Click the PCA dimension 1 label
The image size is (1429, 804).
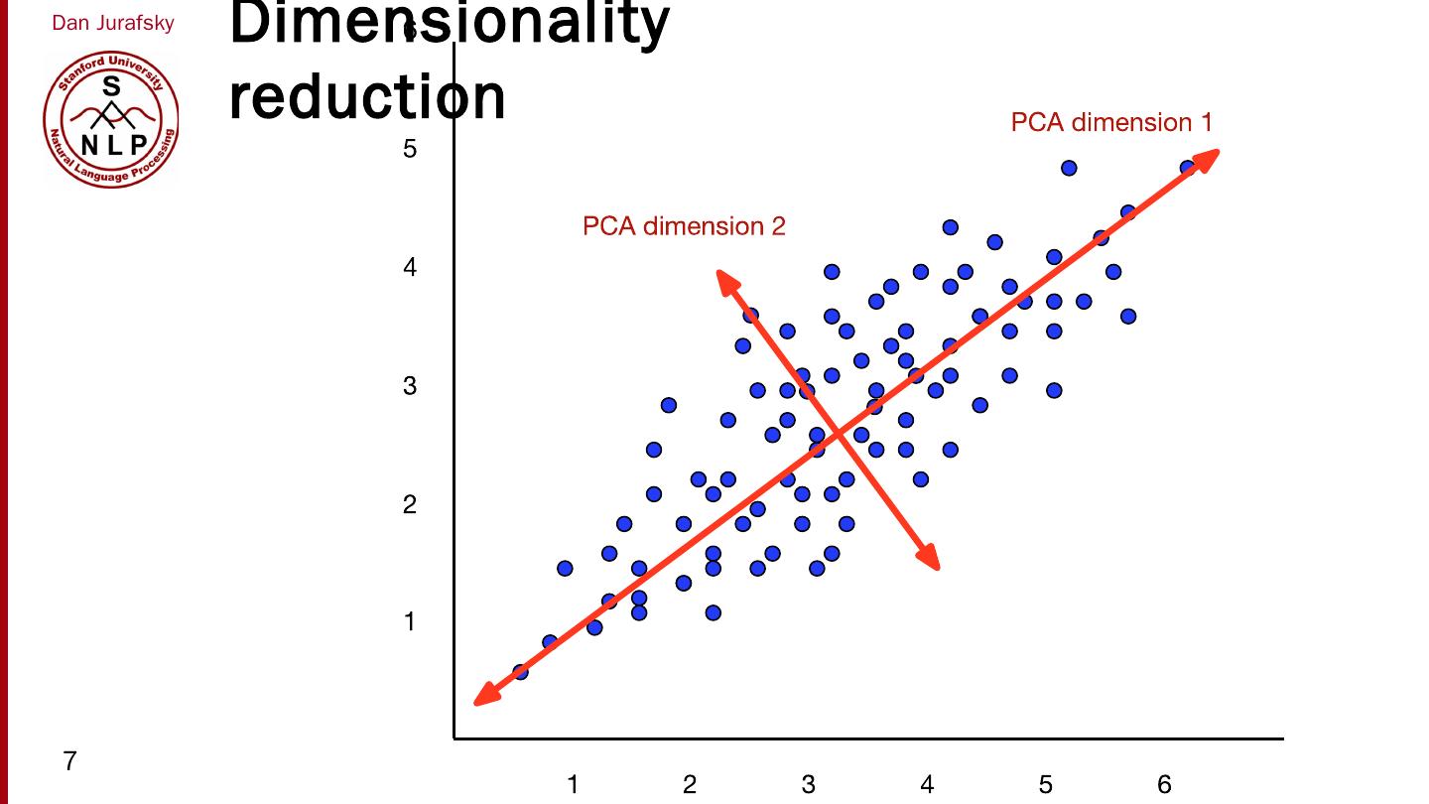pyautogui.click(x=1110, y=122)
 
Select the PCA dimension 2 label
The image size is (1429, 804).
pyautogui.click(x=684, y=226)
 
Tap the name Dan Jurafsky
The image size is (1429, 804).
pyautogui.click(x=113, y=23)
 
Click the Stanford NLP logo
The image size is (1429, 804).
pyautogui.click(x=111, y=119)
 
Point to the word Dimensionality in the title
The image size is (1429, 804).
pyautogui.click(x=450, y=22)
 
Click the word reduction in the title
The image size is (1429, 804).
pyautogui.click(x=367, y=96)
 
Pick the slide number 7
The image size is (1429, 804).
pyautogui.click(x=69, y=761)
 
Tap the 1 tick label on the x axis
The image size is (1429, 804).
pyautogui.click(x=573, y=784)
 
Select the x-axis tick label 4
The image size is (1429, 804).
pyautogui.click(x=927, y=784)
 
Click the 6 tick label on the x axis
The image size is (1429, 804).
pyautogui.click(x=1164, y=784)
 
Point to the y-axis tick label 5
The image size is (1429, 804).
pyautogui.click(x=410, y=149)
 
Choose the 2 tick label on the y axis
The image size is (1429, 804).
pyautogui.click(x=410, y=504)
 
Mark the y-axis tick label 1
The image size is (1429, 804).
pyautogui.click(x=410, y=621)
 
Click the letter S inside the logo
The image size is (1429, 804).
pyautogui.click(x=111, y=87)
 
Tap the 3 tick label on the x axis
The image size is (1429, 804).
pyautogui.click(x=809, y=784)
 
